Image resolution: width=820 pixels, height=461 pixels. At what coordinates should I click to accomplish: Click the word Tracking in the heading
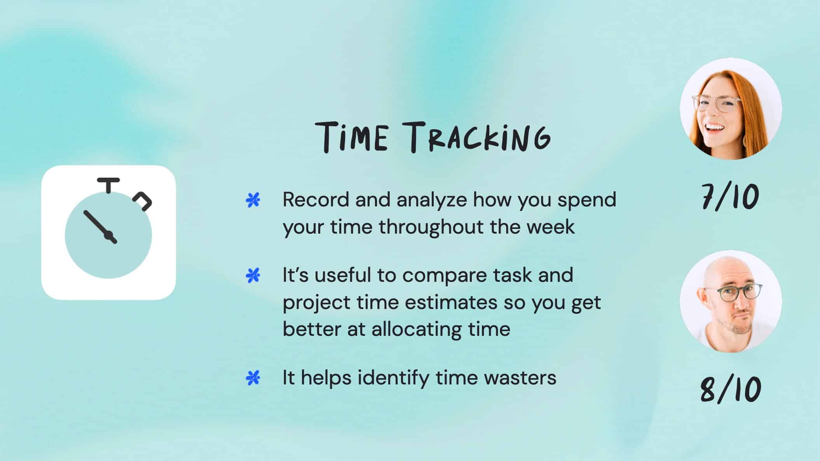(x=480, y=137)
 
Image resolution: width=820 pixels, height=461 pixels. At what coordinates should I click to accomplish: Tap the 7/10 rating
(x=730, y=197)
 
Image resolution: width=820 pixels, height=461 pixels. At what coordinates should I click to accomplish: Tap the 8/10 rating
(x=730, y=389)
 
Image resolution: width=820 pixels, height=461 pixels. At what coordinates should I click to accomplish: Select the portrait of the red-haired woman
(x=731, y=108)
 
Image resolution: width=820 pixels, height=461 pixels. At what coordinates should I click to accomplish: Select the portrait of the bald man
(x=731, y=301)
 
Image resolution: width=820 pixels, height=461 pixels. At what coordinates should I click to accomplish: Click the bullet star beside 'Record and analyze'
(x=253, y=200)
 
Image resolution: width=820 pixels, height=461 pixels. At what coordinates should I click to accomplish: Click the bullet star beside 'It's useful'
(x=253, y=276)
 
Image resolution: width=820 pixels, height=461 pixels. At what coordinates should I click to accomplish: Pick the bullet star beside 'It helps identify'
(x=253, y=378)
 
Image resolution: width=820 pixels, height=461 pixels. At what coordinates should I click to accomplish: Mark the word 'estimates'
(x=451, y=303)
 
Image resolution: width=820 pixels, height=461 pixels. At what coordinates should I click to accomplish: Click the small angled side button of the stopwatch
(x=143, y=201)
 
